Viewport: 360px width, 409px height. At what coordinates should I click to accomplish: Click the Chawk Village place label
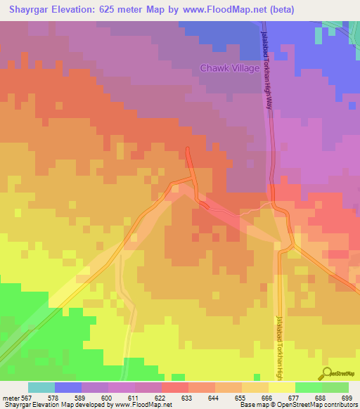(230, 68)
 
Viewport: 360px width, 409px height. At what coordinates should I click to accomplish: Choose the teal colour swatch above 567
(41, 387)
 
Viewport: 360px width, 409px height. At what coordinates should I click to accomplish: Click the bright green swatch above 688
(309, 387)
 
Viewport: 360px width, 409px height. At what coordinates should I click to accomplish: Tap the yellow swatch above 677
(282, 387)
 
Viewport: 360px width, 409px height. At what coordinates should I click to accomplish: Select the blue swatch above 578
(68, 387)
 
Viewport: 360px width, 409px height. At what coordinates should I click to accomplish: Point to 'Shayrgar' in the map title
(29, 10)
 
